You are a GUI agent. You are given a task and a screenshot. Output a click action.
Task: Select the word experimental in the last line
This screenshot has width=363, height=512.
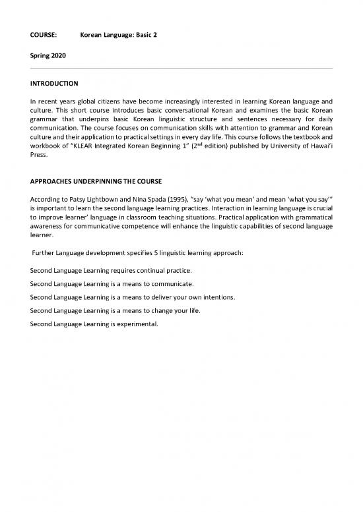pos(136,323)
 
